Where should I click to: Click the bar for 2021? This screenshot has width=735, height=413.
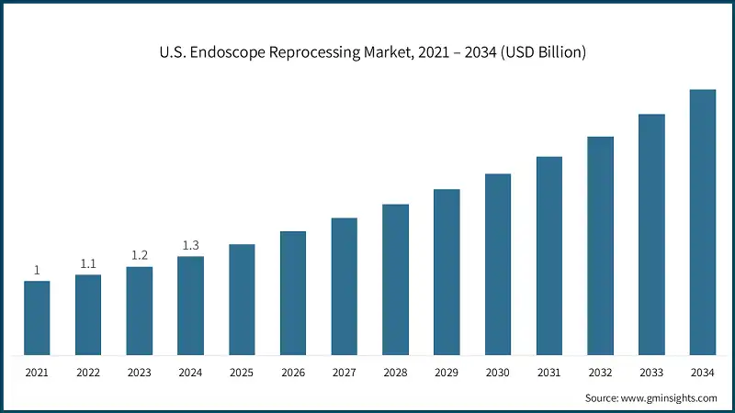click(37, 318)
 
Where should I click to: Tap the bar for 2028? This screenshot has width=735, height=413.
click(395, 279)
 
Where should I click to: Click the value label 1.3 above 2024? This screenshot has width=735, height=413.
click(190, 245)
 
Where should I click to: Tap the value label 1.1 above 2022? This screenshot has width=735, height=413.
click(88, 263)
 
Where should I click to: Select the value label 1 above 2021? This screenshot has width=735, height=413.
click(37, 270)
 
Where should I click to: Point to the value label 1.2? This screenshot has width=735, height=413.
click(140, 256)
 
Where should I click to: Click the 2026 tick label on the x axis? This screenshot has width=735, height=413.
click(293, 372)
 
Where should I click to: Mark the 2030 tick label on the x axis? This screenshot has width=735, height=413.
click(498, 372)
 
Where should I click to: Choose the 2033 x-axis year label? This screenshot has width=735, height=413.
click(651, 372)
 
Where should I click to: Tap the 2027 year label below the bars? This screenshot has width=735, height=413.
click(345, 372)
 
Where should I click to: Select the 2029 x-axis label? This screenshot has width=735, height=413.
click(447, 372)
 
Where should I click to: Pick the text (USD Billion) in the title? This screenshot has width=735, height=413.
click(539, 52)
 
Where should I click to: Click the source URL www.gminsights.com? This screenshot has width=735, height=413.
click(672, 398)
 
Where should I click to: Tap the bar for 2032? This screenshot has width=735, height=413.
click(600, 246)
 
